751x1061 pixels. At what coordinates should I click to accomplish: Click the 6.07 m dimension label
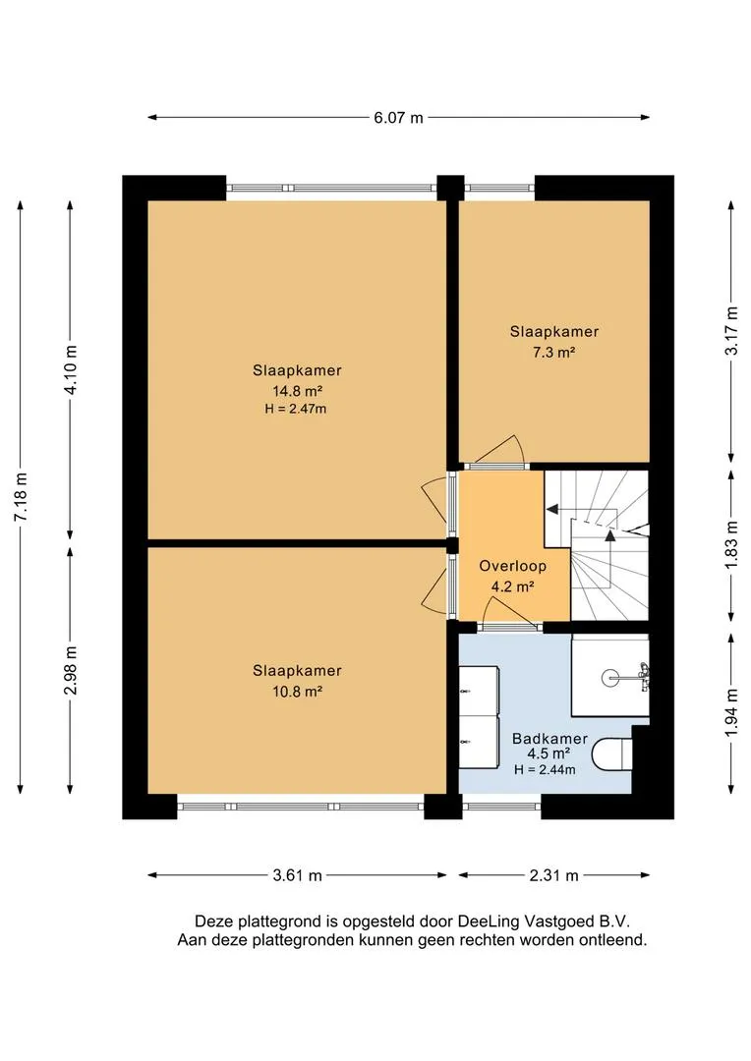pyautogui.click(x=398, y=118)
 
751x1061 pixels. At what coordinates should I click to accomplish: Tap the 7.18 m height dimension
pyautogui.click(x=22, y=497)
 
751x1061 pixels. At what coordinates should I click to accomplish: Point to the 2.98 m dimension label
pyautogui.click(x=71, y=670)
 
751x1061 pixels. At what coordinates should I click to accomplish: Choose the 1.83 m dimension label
pyautogui.click(x=731, y=544)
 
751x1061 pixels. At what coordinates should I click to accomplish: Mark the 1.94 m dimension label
pyautogui.click(x=731, y=713)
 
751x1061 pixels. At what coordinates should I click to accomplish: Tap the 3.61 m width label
pyautogui.click(x=297, y=875)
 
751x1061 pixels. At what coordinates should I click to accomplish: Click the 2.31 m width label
pyautogui.click(x=554, y=875)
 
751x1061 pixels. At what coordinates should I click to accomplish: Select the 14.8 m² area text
pyautogui.click(x=297, y=391)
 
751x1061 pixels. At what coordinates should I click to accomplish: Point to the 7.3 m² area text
pyautogui.click(x=554, y=352)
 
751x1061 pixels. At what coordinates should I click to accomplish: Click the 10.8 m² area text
pyautogui.click(x=297, y=692)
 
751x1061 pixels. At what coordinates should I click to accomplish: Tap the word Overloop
pyautogui.click(x=513, y=567)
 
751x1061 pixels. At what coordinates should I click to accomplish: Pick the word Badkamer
pyautogui.click(x=549, y=739)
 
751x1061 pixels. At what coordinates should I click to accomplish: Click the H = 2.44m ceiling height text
pyautogui.click(x=545, y=770)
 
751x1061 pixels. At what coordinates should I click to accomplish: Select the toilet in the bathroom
pyautogui.click(x=612, y=754)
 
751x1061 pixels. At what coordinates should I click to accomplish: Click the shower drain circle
pyautogui.click(x=610, y=677)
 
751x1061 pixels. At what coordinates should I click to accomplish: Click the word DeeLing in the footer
pyautogui.click(x=489, y=921)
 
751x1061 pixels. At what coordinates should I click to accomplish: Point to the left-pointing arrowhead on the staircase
pyautogui.click(x=551, y=509)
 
